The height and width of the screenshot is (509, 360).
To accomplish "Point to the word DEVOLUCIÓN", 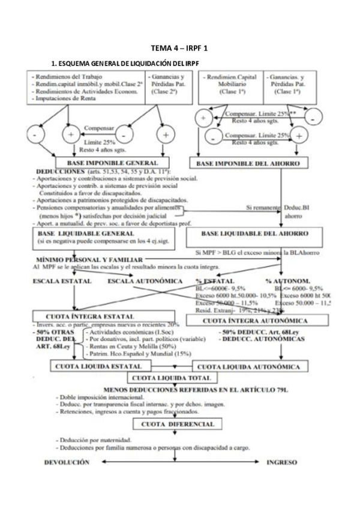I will [x=67, y=463].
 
